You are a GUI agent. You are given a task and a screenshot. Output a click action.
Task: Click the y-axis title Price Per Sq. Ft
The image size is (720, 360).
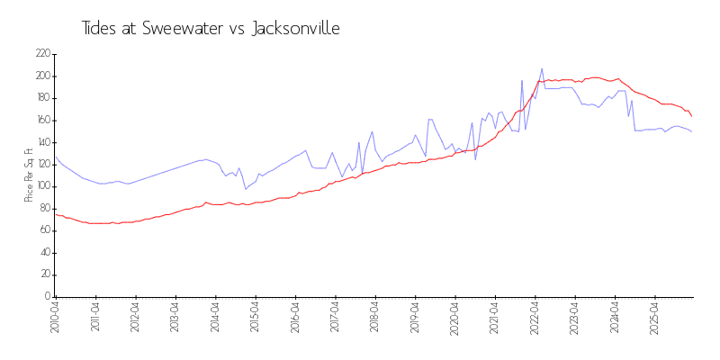[x=29, y=175]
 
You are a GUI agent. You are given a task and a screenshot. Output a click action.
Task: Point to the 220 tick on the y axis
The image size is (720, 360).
[x=41, y=54]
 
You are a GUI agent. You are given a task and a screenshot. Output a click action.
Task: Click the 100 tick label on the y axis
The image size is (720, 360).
[x=41, y=186]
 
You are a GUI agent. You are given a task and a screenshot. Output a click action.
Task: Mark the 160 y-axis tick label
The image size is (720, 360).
[x=41, y=120]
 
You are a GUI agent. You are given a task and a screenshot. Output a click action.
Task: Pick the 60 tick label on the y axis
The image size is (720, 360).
[x=43, y=230]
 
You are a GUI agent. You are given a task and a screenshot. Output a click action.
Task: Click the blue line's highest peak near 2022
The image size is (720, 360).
[x=542, y=68]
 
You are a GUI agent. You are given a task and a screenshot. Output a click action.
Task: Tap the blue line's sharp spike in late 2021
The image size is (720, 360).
[x=522, y=81]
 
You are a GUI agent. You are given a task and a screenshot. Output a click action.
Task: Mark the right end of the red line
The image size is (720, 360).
[x=691, y=116]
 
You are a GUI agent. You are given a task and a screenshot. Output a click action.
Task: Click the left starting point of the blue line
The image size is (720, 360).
[x=55, y=157]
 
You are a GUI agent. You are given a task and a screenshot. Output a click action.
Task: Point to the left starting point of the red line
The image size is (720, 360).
[x=55, y=214]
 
